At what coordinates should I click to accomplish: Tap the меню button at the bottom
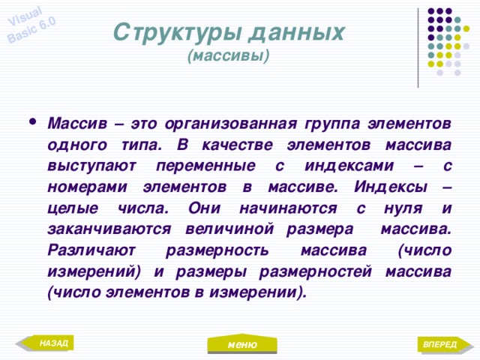[x=242, y=344]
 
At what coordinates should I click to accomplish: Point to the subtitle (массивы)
[x=229, y=56]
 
